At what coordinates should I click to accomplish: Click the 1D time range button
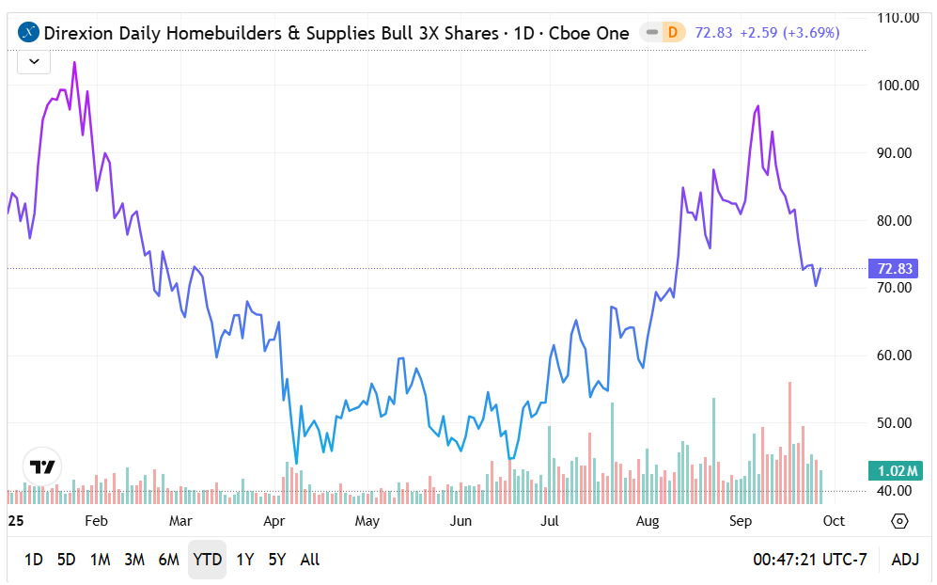[x=33, y=560]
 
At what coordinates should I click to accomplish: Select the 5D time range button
[x=66, y=560]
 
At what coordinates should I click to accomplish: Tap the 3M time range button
[x=133, y=560]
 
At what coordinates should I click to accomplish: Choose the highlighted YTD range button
[x=207, y=560]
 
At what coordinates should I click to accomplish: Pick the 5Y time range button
[x=276, y=560]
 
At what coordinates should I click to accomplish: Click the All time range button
[x=309, y=560]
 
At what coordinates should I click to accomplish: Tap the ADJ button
[x=905, y=560]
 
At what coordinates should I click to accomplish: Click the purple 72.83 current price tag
[x=895, y=268]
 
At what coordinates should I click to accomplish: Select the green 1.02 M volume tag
[x=893, y=471]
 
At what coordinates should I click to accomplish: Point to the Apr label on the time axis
[x=273, y=521]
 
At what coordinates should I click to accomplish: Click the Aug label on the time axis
[x=647, y=521]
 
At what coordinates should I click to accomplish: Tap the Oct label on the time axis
[x=834, y=521]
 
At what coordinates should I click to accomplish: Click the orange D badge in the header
[x=672, y=33]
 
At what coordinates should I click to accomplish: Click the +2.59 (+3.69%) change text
[x=789, y=33]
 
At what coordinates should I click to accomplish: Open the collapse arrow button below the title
[x=34, y=62]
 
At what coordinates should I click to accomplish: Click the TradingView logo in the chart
[x=42, y=466]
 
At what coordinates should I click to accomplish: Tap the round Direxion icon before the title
[x=30, y=33]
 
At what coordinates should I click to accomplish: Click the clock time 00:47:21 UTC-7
[x=809, y=560]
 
